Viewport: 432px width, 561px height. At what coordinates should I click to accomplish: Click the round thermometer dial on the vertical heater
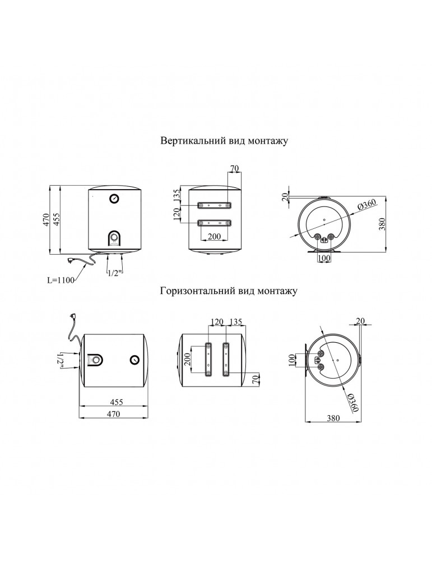(114, 198)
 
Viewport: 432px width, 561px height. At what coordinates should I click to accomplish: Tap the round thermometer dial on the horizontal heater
(135, 360)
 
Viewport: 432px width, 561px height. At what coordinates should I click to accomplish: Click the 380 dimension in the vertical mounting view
(382, 225)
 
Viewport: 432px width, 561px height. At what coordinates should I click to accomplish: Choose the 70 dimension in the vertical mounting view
(235, 168)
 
